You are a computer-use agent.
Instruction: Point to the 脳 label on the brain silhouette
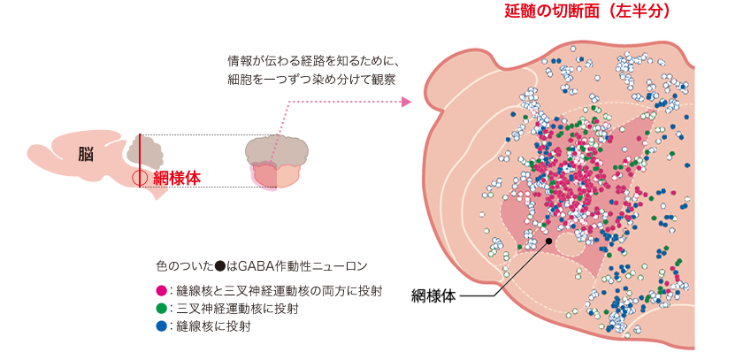[86, 154]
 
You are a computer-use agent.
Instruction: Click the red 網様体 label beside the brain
[177, 177]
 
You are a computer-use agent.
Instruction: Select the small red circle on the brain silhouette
[139, 177]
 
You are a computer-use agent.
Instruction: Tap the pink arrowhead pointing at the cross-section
[406, 102]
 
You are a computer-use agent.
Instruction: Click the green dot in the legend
[160, 309]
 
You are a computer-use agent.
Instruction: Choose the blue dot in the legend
[160, 326]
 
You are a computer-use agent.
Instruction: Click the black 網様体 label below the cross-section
[433, 295]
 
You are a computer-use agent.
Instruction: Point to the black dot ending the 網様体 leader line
[549, 240]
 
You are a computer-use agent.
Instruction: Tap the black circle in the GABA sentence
[219, 265]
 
